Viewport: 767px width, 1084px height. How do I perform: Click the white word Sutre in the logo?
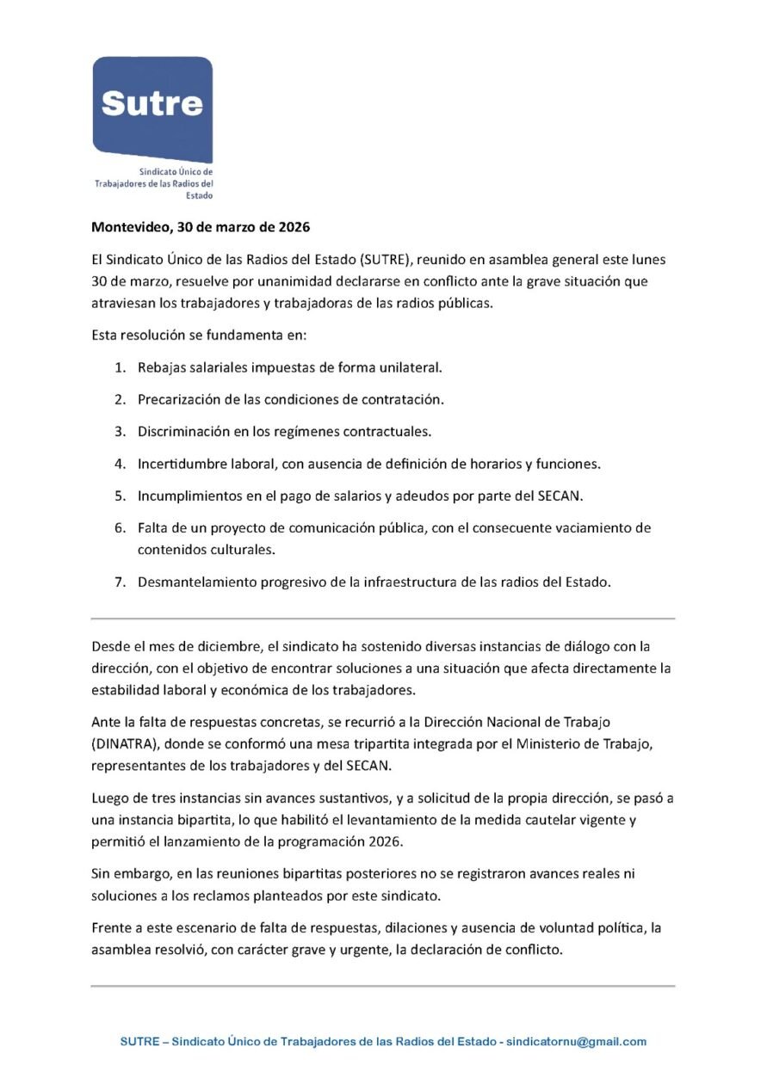[152, 103]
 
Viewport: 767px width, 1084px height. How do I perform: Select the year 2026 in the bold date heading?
[293, 229]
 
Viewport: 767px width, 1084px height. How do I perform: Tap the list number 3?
[121, 432]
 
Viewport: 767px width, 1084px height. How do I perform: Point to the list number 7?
[121, 582]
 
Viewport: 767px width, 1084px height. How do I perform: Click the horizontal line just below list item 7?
[383, 619]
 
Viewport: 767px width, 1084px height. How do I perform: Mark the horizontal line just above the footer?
[383, 986]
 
